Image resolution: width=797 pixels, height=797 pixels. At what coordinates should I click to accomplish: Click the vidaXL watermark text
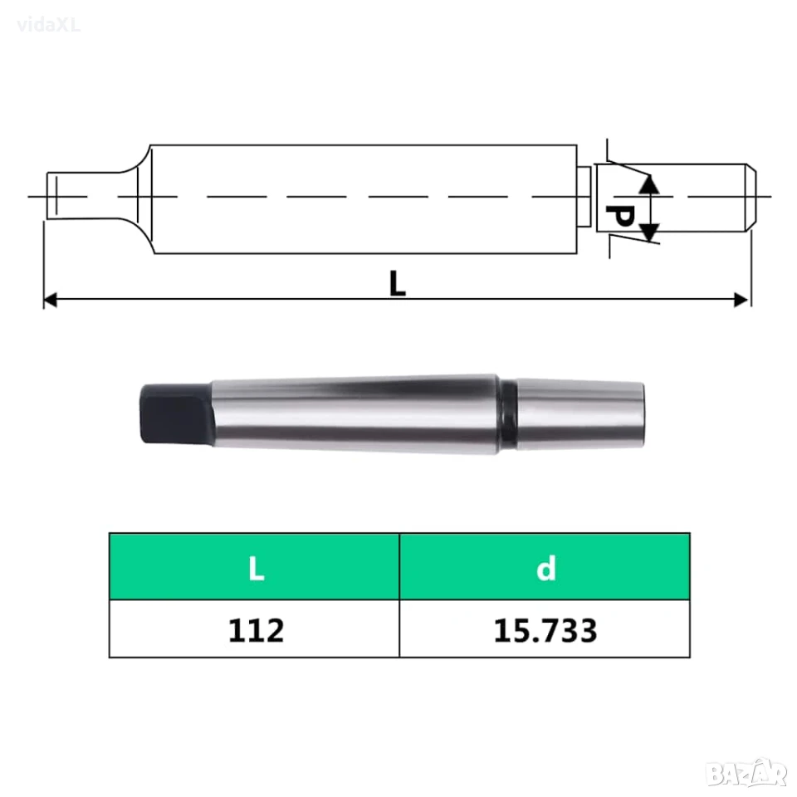point(48,25)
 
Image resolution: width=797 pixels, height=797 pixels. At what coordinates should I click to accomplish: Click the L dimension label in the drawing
point(398,283)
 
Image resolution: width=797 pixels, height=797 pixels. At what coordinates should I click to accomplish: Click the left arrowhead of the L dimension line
point(50,300)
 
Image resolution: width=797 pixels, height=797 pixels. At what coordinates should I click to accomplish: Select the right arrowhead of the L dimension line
point(741,300)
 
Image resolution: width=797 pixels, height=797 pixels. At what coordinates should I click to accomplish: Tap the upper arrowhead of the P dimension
point(648,184)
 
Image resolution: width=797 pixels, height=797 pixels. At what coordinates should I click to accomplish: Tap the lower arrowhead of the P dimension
point(648,232)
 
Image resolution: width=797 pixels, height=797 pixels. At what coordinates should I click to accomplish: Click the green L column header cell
point(255,566)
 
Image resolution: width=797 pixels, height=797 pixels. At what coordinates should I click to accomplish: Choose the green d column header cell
point(545,566)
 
